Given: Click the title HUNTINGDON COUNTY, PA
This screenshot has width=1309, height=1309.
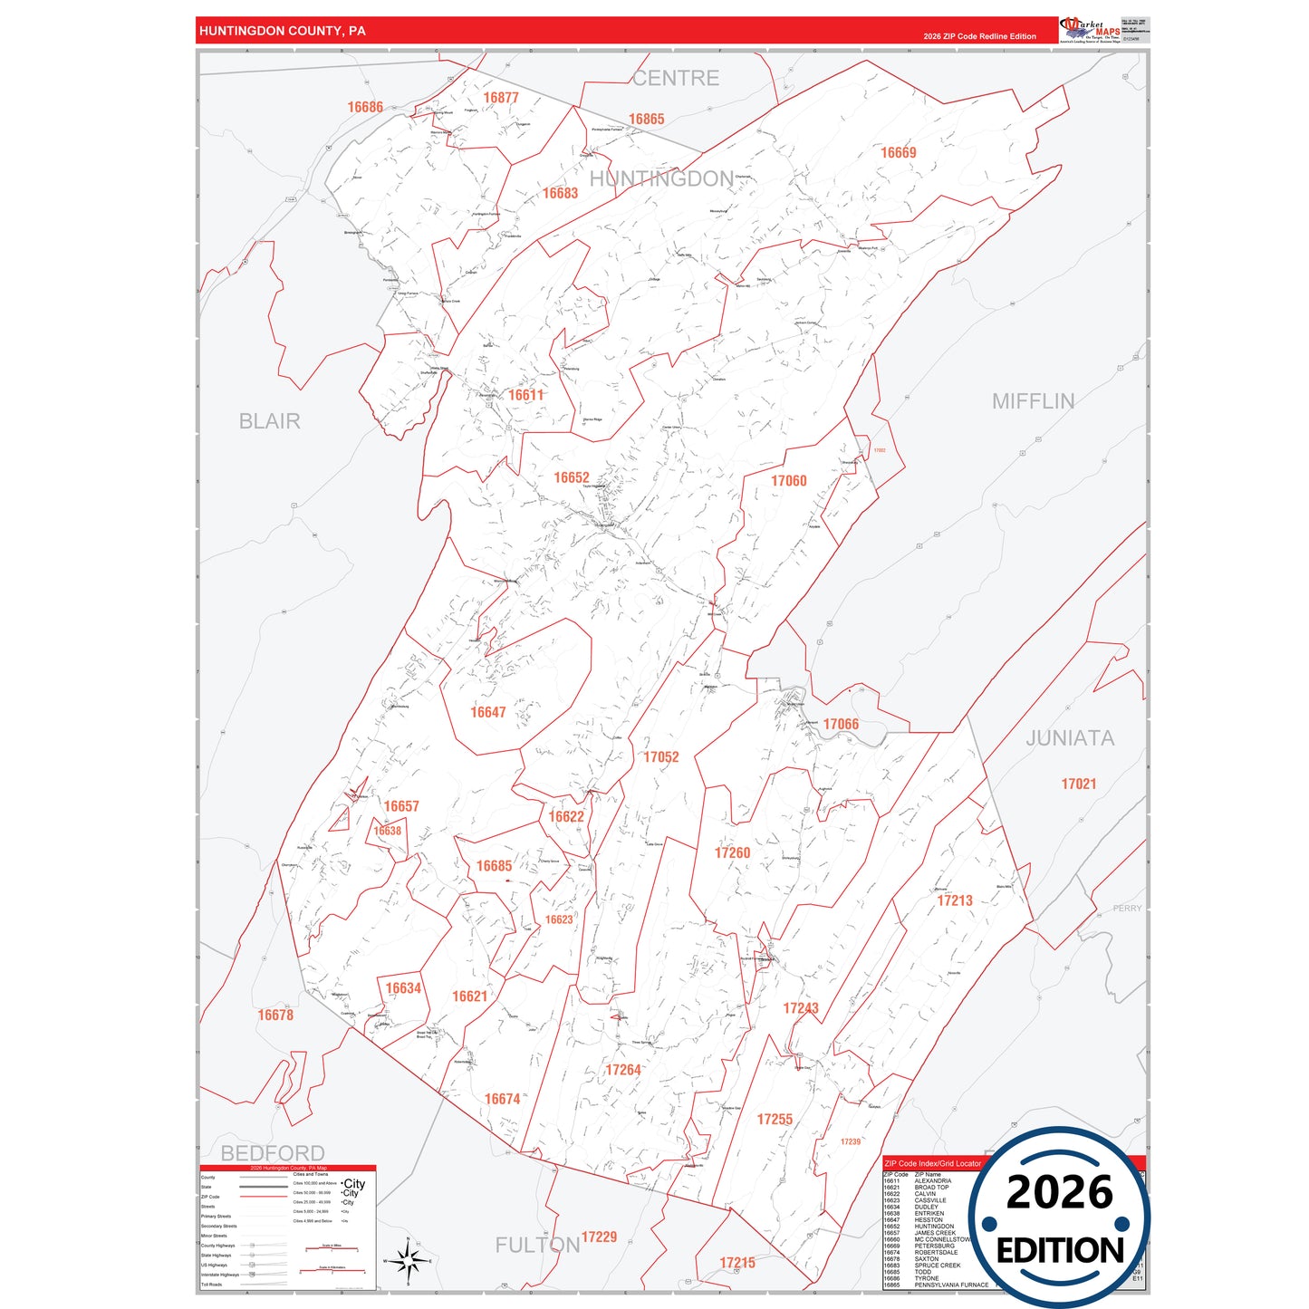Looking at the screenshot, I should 282,31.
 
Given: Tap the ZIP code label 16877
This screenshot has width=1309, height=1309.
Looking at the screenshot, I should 500,98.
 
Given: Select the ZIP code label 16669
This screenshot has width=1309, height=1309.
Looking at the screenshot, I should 898,153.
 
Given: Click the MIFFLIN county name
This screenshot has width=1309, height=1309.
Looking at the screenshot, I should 1033,401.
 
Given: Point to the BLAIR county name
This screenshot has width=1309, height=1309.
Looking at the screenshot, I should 269,421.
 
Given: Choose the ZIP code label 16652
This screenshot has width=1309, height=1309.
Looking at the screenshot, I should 572,477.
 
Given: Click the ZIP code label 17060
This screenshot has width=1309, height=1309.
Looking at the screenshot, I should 788,481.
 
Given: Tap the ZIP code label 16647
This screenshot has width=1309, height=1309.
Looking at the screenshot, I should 487,712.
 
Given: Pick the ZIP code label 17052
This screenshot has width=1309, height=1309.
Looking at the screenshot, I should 660,757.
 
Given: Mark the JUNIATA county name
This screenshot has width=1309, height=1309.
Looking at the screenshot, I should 1069,738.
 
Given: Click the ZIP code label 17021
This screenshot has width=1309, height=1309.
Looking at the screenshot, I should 1078,784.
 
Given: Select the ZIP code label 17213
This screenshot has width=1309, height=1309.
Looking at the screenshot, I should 954,900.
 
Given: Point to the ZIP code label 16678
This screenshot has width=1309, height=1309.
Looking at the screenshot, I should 275,1015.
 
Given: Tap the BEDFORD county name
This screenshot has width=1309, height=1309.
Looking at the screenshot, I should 273,1153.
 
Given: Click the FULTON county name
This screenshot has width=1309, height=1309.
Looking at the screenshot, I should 536,1246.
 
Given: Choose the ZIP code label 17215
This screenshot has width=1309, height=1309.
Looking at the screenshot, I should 736,1263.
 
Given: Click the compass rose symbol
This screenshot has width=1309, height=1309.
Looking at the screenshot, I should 408,1260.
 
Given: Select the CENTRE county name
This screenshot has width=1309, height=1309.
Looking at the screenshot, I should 676,79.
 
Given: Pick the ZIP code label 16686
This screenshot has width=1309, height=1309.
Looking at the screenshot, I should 365,107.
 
